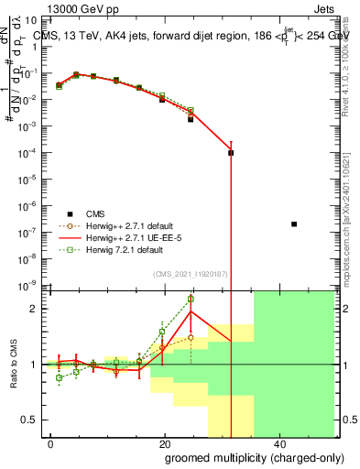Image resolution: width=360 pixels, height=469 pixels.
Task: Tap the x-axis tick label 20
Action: [164, 443]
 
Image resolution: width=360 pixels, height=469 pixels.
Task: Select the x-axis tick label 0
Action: [51, 443]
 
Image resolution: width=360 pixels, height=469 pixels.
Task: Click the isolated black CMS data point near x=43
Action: [293, 224]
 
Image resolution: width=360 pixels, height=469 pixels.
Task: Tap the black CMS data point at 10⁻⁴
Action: [231, 153]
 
